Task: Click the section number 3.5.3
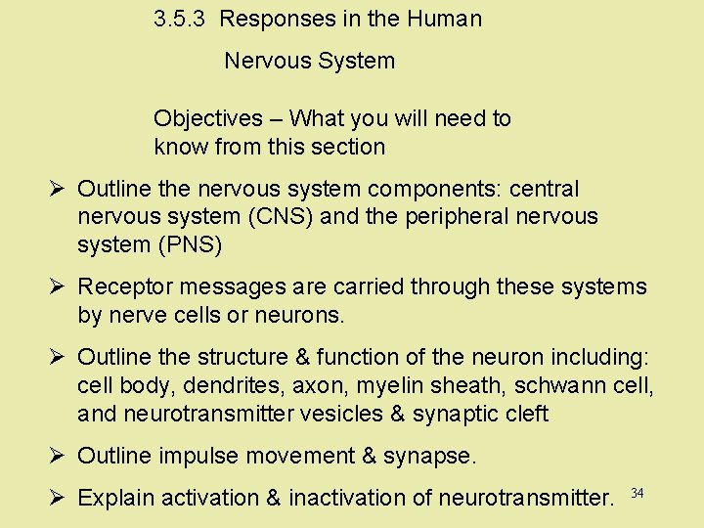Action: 179,19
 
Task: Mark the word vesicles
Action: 342,414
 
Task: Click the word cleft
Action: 528,414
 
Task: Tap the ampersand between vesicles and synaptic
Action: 397,414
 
